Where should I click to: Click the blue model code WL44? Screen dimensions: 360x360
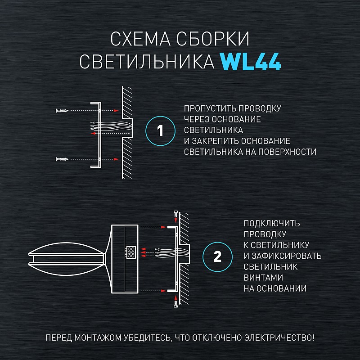[x=251, y=62]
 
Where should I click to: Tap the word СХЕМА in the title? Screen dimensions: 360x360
[x=140, y=39]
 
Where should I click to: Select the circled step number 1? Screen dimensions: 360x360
[x=160, y=131]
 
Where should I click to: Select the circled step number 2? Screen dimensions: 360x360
[x=217, y=256]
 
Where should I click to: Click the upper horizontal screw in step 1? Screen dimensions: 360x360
[x=62, y=111]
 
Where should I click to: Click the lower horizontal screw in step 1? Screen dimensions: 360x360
[x=62, y=159]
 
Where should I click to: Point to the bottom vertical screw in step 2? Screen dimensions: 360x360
[x=176, y=304]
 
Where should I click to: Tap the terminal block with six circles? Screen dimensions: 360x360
[x=131, y=252]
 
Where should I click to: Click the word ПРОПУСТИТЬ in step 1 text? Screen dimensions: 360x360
[x=210, y=108]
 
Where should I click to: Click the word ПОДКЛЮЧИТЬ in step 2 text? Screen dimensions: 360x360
[x=272, y=223]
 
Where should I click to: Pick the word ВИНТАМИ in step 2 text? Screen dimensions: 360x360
[x=263, y=278]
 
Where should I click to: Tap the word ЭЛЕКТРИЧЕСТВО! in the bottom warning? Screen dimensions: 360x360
[x=279, y=338]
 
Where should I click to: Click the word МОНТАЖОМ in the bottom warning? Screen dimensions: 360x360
[x=98, y=338]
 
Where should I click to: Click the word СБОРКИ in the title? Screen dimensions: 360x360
[x=213, y=39]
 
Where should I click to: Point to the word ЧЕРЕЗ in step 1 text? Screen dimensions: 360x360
[x=197, y=119]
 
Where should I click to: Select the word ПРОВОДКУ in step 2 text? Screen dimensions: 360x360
[x=265, y=234]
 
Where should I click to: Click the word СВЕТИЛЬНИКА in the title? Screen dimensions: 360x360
[x=147, y=62]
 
